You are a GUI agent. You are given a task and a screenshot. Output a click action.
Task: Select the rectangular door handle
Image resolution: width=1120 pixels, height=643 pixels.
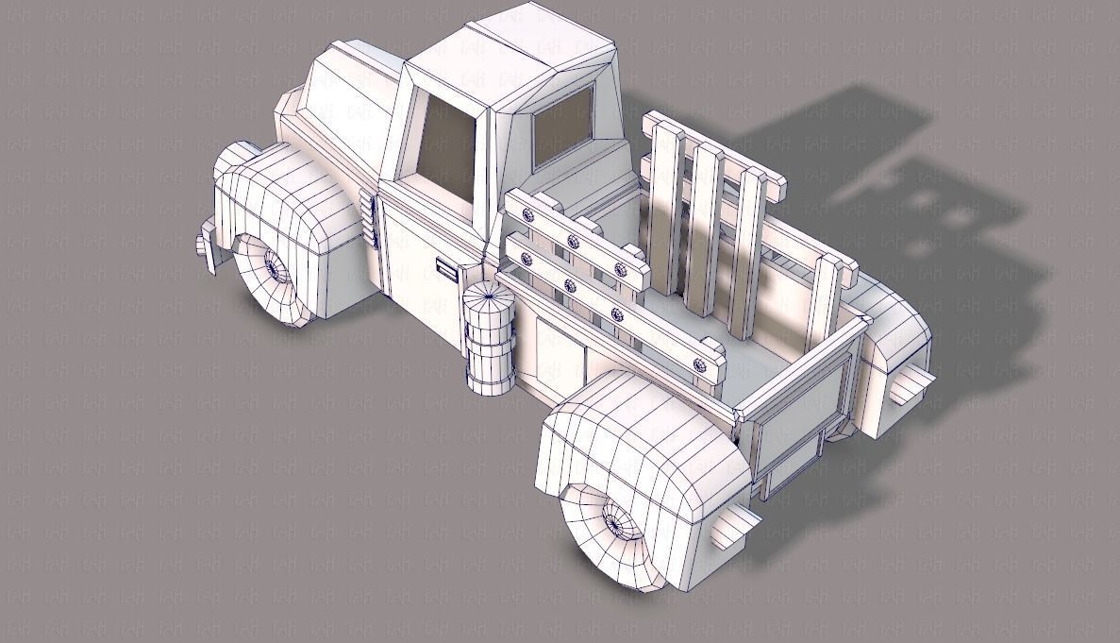tap(446, 272)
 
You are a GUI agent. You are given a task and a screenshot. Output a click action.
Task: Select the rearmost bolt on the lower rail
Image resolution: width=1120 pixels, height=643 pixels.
tap(698, 363)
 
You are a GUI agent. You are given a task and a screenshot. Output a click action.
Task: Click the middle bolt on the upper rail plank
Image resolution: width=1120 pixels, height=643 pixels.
tap(573, 242)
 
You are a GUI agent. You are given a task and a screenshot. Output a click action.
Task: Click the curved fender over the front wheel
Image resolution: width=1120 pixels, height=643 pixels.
tap(283, 198)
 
